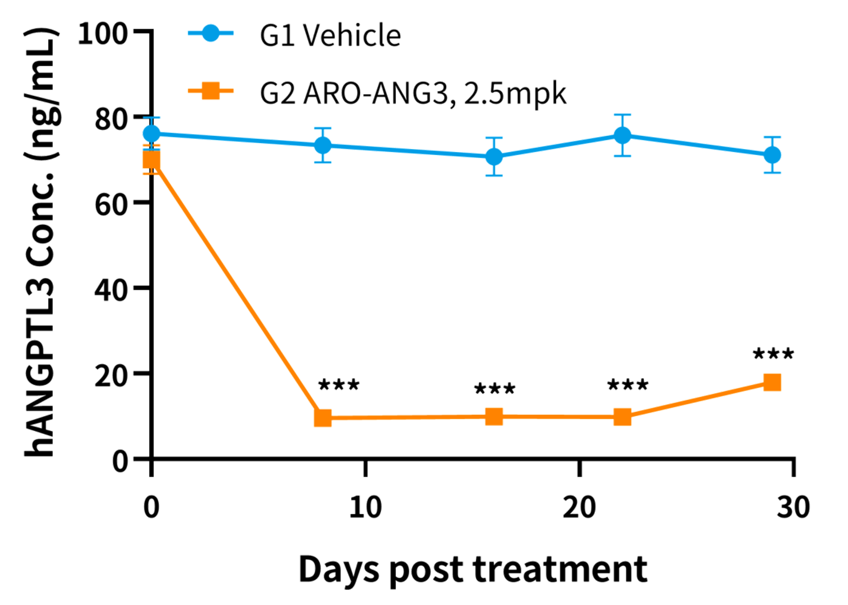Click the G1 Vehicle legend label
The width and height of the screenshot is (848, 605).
(x=330, y=35)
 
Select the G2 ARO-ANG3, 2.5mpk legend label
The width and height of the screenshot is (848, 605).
(x=413, y=92)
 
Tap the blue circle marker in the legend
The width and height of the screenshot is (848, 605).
(x=211, y=33)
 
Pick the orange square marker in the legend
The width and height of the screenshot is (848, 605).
(x=211, y=90)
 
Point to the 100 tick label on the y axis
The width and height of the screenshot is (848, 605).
(x=103, y=34)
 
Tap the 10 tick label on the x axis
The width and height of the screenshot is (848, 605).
(x=365, y=507)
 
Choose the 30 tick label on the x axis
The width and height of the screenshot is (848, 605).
(x=792, y=507)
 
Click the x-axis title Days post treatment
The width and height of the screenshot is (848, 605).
(x=473, y=569)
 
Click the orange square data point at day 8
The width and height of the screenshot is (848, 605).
(x=323, y=418)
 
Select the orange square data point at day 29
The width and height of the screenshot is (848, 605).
(x=772, y=382)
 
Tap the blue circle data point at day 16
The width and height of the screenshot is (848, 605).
(x=494, y=156)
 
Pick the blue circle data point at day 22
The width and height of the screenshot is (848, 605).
(x=623, y=135)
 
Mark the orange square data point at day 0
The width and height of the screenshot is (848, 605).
(x=152, y=159)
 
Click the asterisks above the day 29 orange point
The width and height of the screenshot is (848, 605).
(x=773, y=355)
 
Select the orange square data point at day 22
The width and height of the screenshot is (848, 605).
(x=622, y=417)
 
